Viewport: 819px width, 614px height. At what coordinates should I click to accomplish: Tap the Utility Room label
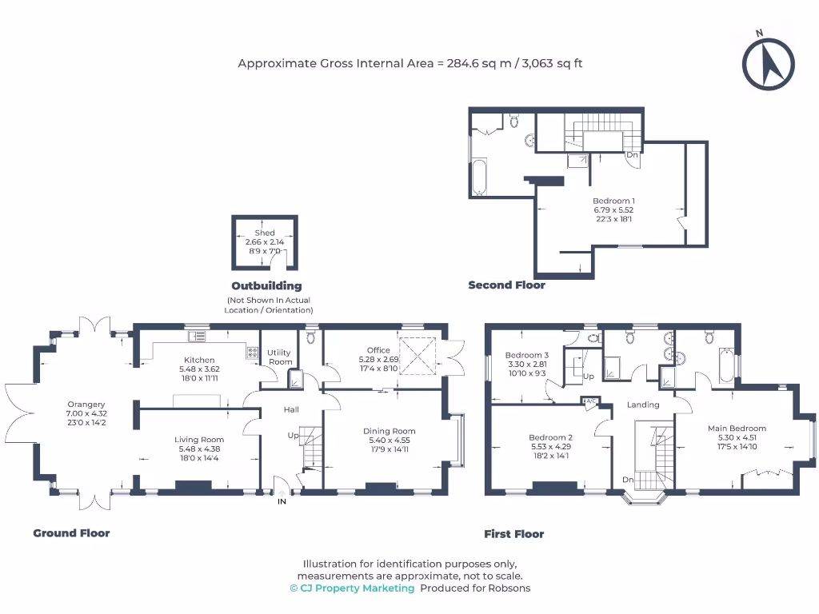pyautogui.click(x=280, y=357)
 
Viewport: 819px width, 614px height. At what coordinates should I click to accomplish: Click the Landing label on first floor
pyautogui.click(x=643, y=405)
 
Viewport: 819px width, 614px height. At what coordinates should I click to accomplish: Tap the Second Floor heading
pyautogui.click(x=506, y=285)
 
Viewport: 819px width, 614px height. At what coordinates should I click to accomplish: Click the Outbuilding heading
pyautogui.click(x=266, y=285)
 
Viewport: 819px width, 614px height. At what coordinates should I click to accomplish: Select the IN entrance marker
pyautogui.click(x=282, y=501)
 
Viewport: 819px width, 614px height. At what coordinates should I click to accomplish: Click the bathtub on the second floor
pyautogui.click(x=479, y=177)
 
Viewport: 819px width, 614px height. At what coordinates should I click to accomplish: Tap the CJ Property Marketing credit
pyautogui.click(x=352, y=588)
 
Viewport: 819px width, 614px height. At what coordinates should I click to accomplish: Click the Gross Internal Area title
pyautogui.click(x=409, y=63)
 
